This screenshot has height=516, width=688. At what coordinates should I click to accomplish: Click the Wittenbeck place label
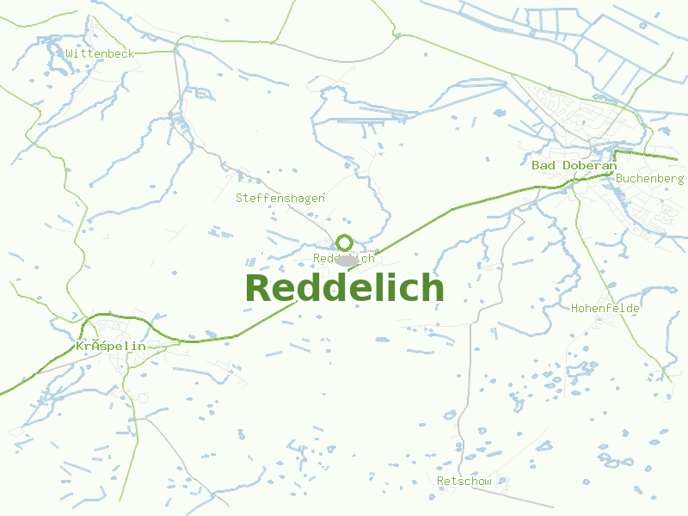pyautogui.click(x=100, y=53)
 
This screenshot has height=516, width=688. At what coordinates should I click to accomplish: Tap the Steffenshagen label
pyautogui.click(x=280, y=198)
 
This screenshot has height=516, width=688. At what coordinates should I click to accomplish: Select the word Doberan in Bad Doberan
pyautogui.click(x=589, y=165)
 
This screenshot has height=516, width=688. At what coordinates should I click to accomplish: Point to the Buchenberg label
pyautogui.click(x=649, y=178)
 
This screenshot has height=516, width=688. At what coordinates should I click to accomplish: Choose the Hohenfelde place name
pyautogui.click(x=605, y=307)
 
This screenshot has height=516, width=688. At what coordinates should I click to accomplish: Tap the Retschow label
pyautogui.click(x=464, y=481)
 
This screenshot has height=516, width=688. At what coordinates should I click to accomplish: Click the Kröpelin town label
pyautogui.click(x=110, y=346)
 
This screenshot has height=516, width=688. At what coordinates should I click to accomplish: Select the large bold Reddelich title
pyautogui.click(x=344, y=288)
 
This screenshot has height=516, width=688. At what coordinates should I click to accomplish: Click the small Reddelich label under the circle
pyautogui.click(x=344, y=258)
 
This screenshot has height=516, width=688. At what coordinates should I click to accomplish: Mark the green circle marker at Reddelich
pyautogui.click(x=344, y=243)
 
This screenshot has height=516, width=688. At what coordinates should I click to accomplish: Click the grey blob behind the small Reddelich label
pyautogui.click(x=347, y=261)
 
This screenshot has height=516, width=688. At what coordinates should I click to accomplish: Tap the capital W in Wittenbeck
pyautogui.click(x=69, y=53)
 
